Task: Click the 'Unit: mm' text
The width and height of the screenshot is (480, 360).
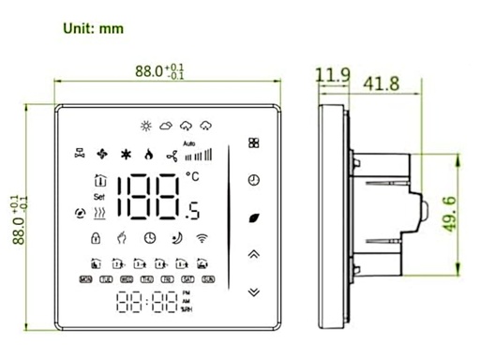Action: tap(93, 28)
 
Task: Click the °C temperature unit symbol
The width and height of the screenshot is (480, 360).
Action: tap(192, 175)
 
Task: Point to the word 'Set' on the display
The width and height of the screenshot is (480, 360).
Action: tap(97, 198)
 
